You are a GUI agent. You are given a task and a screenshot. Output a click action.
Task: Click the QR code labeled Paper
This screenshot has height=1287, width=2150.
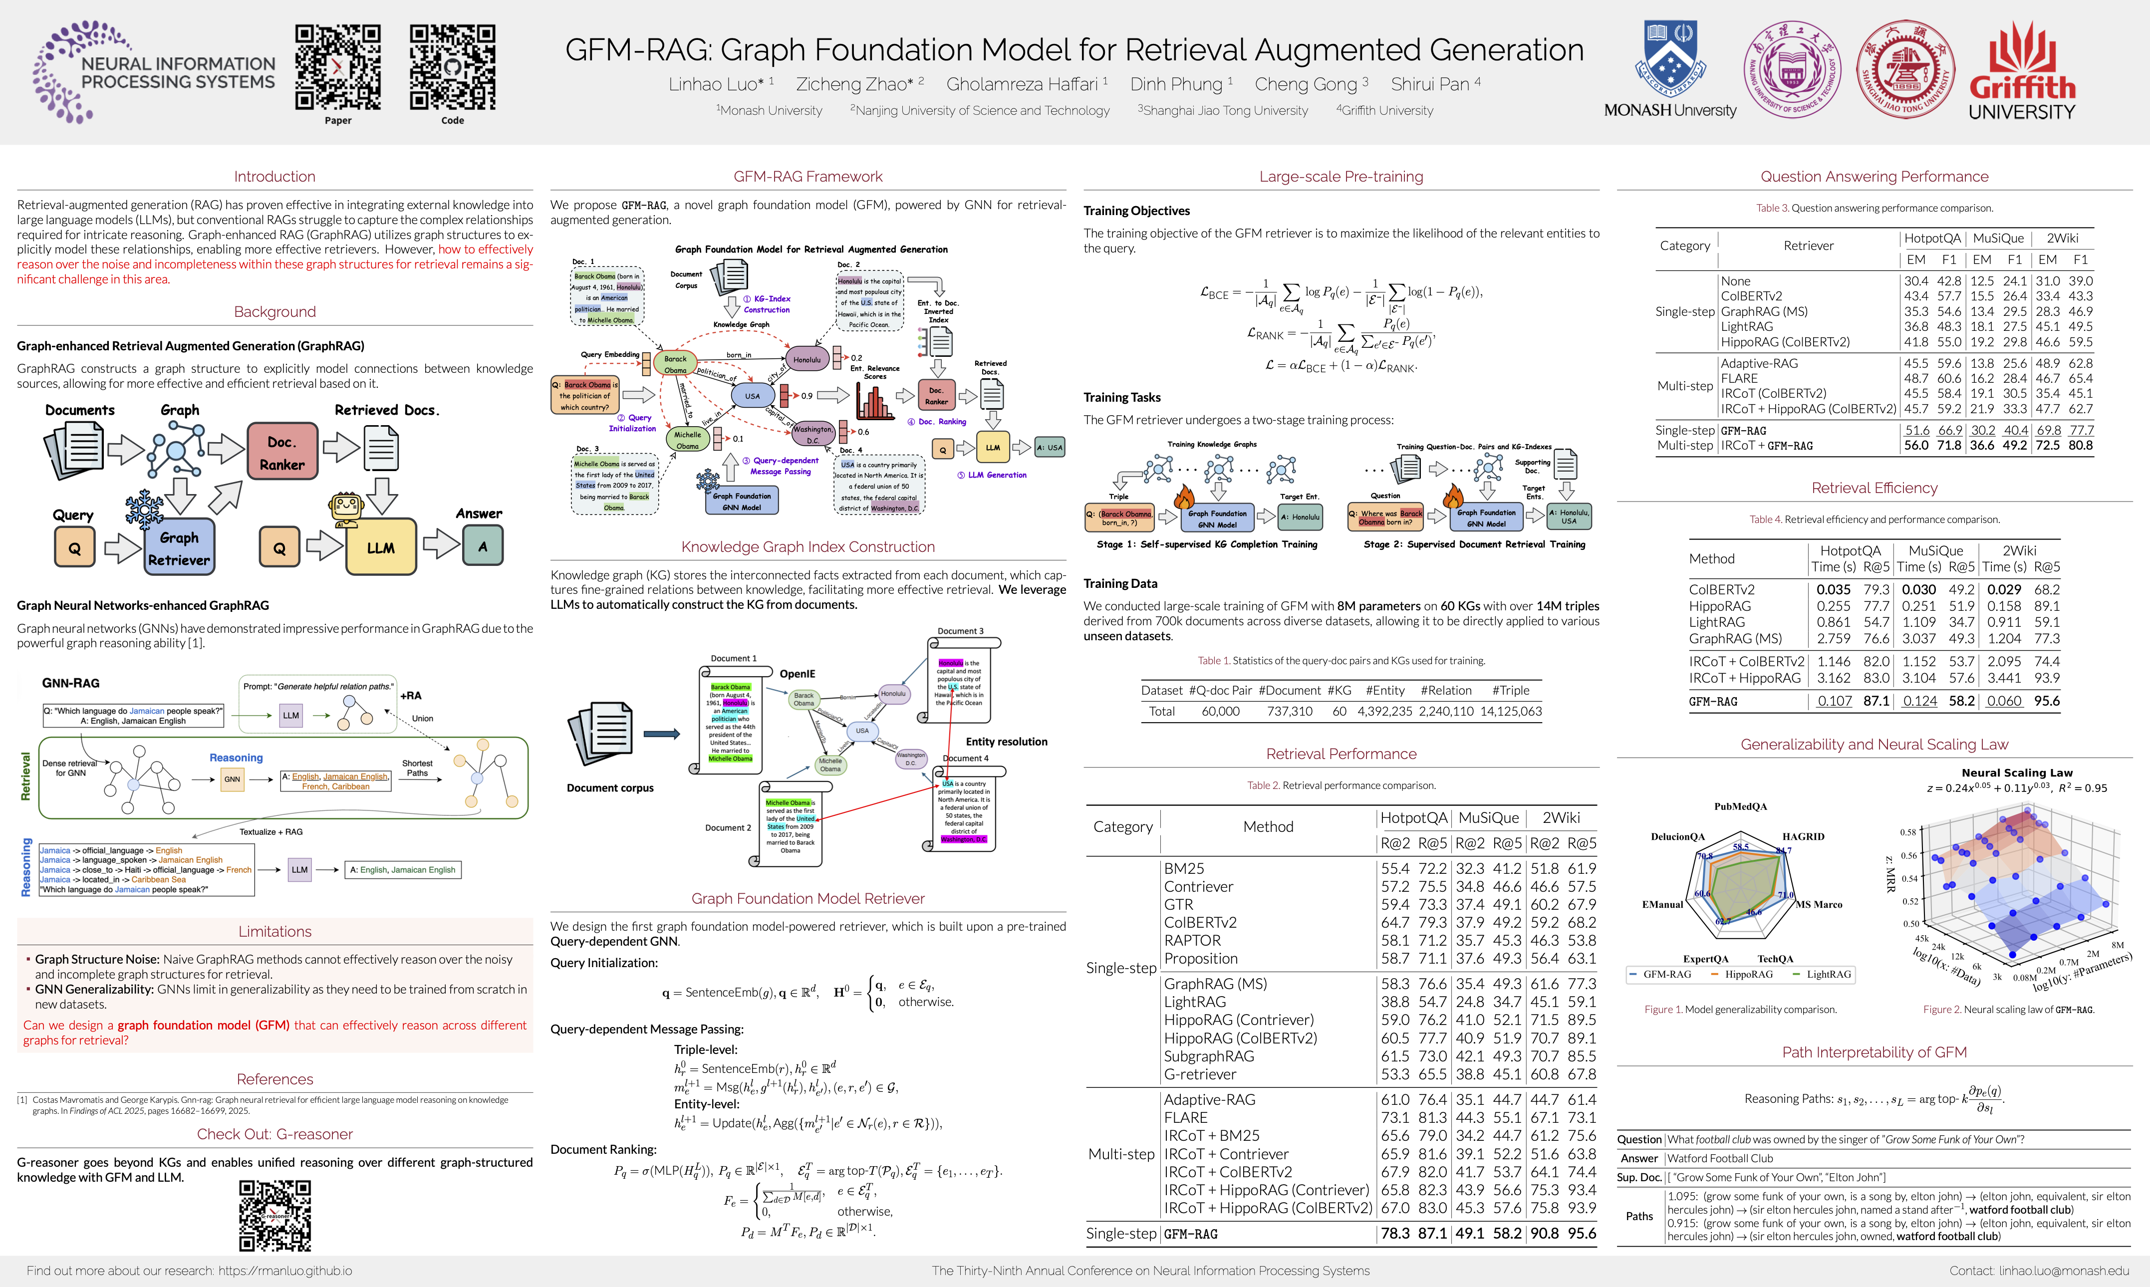coord(337,68)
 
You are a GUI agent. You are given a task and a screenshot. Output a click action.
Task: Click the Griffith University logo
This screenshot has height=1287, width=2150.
coord(2022,71)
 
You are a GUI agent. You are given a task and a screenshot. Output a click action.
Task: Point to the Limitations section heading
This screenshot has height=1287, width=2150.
coord(275,931)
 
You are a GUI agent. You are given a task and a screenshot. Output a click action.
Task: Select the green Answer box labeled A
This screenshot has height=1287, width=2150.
coord(482,546)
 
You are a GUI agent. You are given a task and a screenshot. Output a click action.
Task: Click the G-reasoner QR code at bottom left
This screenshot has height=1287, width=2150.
coord(275,1215)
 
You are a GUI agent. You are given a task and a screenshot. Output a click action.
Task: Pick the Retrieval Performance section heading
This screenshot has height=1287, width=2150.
coord(1341,754)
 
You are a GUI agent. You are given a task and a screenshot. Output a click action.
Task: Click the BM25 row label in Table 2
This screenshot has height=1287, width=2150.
coord(1184,868)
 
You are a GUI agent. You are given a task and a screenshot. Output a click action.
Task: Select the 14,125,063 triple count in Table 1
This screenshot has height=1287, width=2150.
coord(1510,711)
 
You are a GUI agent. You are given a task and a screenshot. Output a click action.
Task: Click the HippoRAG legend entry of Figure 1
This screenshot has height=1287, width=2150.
coord(1748,974)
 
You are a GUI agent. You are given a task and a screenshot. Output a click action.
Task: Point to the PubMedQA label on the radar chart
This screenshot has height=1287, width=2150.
coord(1740,806)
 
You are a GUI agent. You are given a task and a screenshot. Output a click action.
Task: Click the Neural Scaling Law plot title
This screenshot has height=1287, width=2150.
coord(2016,772)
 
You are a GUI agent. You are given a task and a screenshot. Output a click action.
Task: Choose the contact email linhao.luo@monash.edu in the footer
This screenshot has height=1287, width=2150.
coord(2038,1271)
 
